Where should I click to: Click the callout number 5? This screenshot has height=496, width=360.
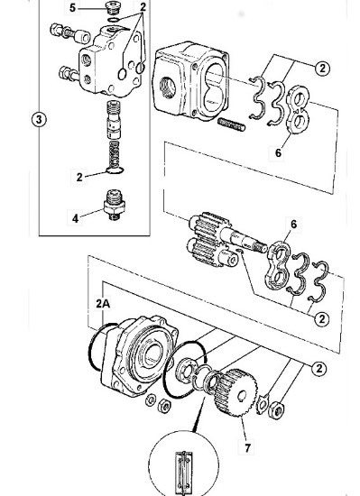tap(72, 8)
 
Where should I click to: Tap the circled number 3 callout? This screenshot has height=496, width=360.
tap(39, 120)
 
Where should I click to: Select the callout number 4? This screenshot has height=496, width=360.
tap(75, 218)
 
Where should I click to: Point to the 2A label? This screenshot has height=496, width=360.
tap(103, 304)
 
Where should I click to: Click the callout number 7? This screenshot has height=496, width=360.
tap(247, 447)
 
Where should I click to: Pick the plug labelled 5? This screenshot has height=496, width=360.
tap(112, 8)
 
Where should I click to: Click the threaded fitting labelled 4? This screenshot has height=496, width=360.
tap(115, 205)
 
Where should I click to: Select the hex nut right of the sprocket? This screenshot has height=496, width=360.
tap(276, 410)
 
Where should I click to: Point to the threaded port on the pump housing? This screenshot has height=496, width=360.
tap(167, 86)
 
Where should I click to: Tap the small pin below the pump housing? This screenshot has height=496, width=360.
tap(232, 124)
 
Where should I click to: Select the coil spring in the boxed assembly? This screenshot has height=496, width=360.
tap(114, 155)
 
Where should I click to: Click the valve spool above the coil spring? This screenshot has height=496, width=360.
tap(114, 119)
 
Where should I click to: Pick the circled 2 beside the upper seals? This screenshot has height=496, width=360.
tap(322, 69)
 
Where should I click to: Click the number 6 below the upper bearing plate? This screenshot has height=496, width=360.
tap(278, 153)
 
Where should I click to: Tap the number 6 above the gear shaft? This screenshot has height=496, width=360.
tap(293, 225)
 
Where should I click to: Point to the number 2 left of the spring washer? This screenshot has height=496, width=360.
tap(79, 177)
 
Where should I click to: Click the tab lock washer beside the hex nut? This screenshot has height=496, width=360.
tap(263, 404)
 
